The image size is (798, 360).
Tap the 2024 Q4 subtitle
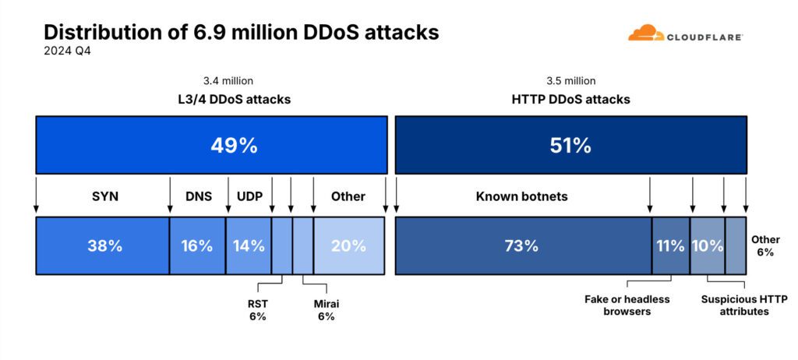coord(69,51)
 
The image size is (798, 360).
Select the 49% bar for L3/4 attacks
coord(212,145)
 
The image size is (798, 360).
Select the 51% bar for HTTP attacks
coord(570,145)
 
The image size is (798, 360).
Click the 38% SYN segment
coord(103,245)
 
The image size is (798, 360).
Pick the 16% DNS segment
coord(197,245)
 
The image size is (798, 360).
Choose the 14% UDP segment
coord(249,245)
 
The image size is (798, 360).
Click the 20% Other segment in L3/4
coord(348,245)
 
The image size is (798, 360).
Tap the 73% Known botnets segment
coord(522,245)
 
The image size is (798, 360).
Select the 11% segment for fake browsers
coord(670,245)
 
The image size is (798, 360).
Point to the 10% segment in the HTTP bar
coord(708,245)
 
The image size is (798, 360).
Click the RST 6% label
coord(257,310)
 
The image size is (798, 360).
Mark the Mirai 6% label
coord(326,310)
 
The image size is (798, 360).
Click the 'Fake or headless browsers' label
coord(627,305)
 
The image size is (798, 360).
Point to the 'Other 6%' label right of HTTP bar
coord(764,246)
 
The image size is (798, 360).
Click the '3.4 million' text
coord(228,80)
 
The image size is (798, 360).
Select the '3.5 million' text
coord(571,80)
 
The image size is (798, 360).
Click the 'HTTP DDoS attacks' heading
coord(571,100)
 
